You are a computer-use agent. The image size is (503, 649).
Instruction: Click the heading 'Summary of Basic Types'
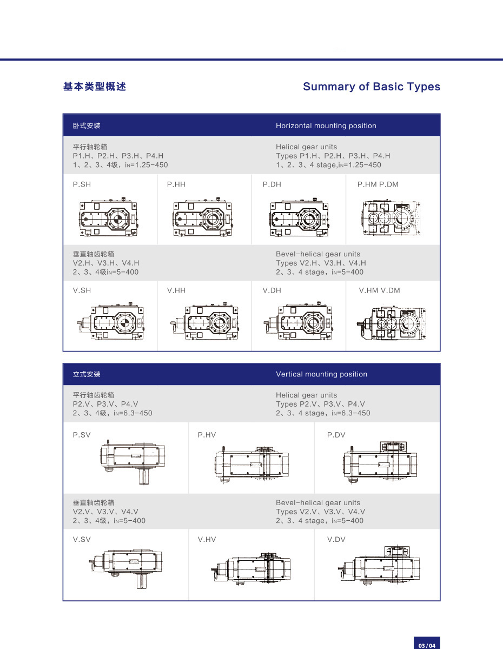(x=372, y=87)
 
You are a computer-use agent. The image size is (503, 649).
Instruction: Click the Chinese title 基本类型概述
(x=95, y=87)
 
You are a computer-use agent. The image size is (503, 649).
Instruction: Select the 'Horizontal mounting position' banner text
(x=326, y=125)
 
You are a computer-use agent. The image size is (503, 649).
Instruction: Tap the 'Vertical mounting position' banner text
(x=321, y=374)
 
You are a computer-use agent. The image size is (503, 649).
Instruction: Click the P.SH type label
(x=82, y=184)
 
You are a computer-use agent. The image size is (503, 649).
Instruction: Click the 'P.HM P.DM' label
(x=378, y=184)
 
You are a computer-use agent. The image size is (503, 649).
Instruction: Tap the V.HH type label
(x=176, y=290)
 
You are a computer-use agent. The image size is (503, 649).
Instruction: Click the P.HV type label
(x=207, y=435)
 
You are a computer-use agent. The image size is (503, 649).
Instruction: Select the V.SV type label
(x=82, y=539)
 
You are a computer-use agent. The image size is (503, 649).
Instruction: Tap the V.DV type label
(x=336, y=539)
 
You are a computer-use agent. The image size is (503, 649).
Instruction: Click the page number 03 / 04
(x=426, y=645)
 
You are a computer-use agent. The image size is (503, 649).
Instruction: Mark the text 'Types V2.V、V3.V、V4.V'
(x=320, y=512)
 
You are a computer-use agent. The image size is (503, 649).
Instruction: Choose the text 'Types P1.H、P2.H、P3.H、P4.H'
(x=333, y=156)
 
